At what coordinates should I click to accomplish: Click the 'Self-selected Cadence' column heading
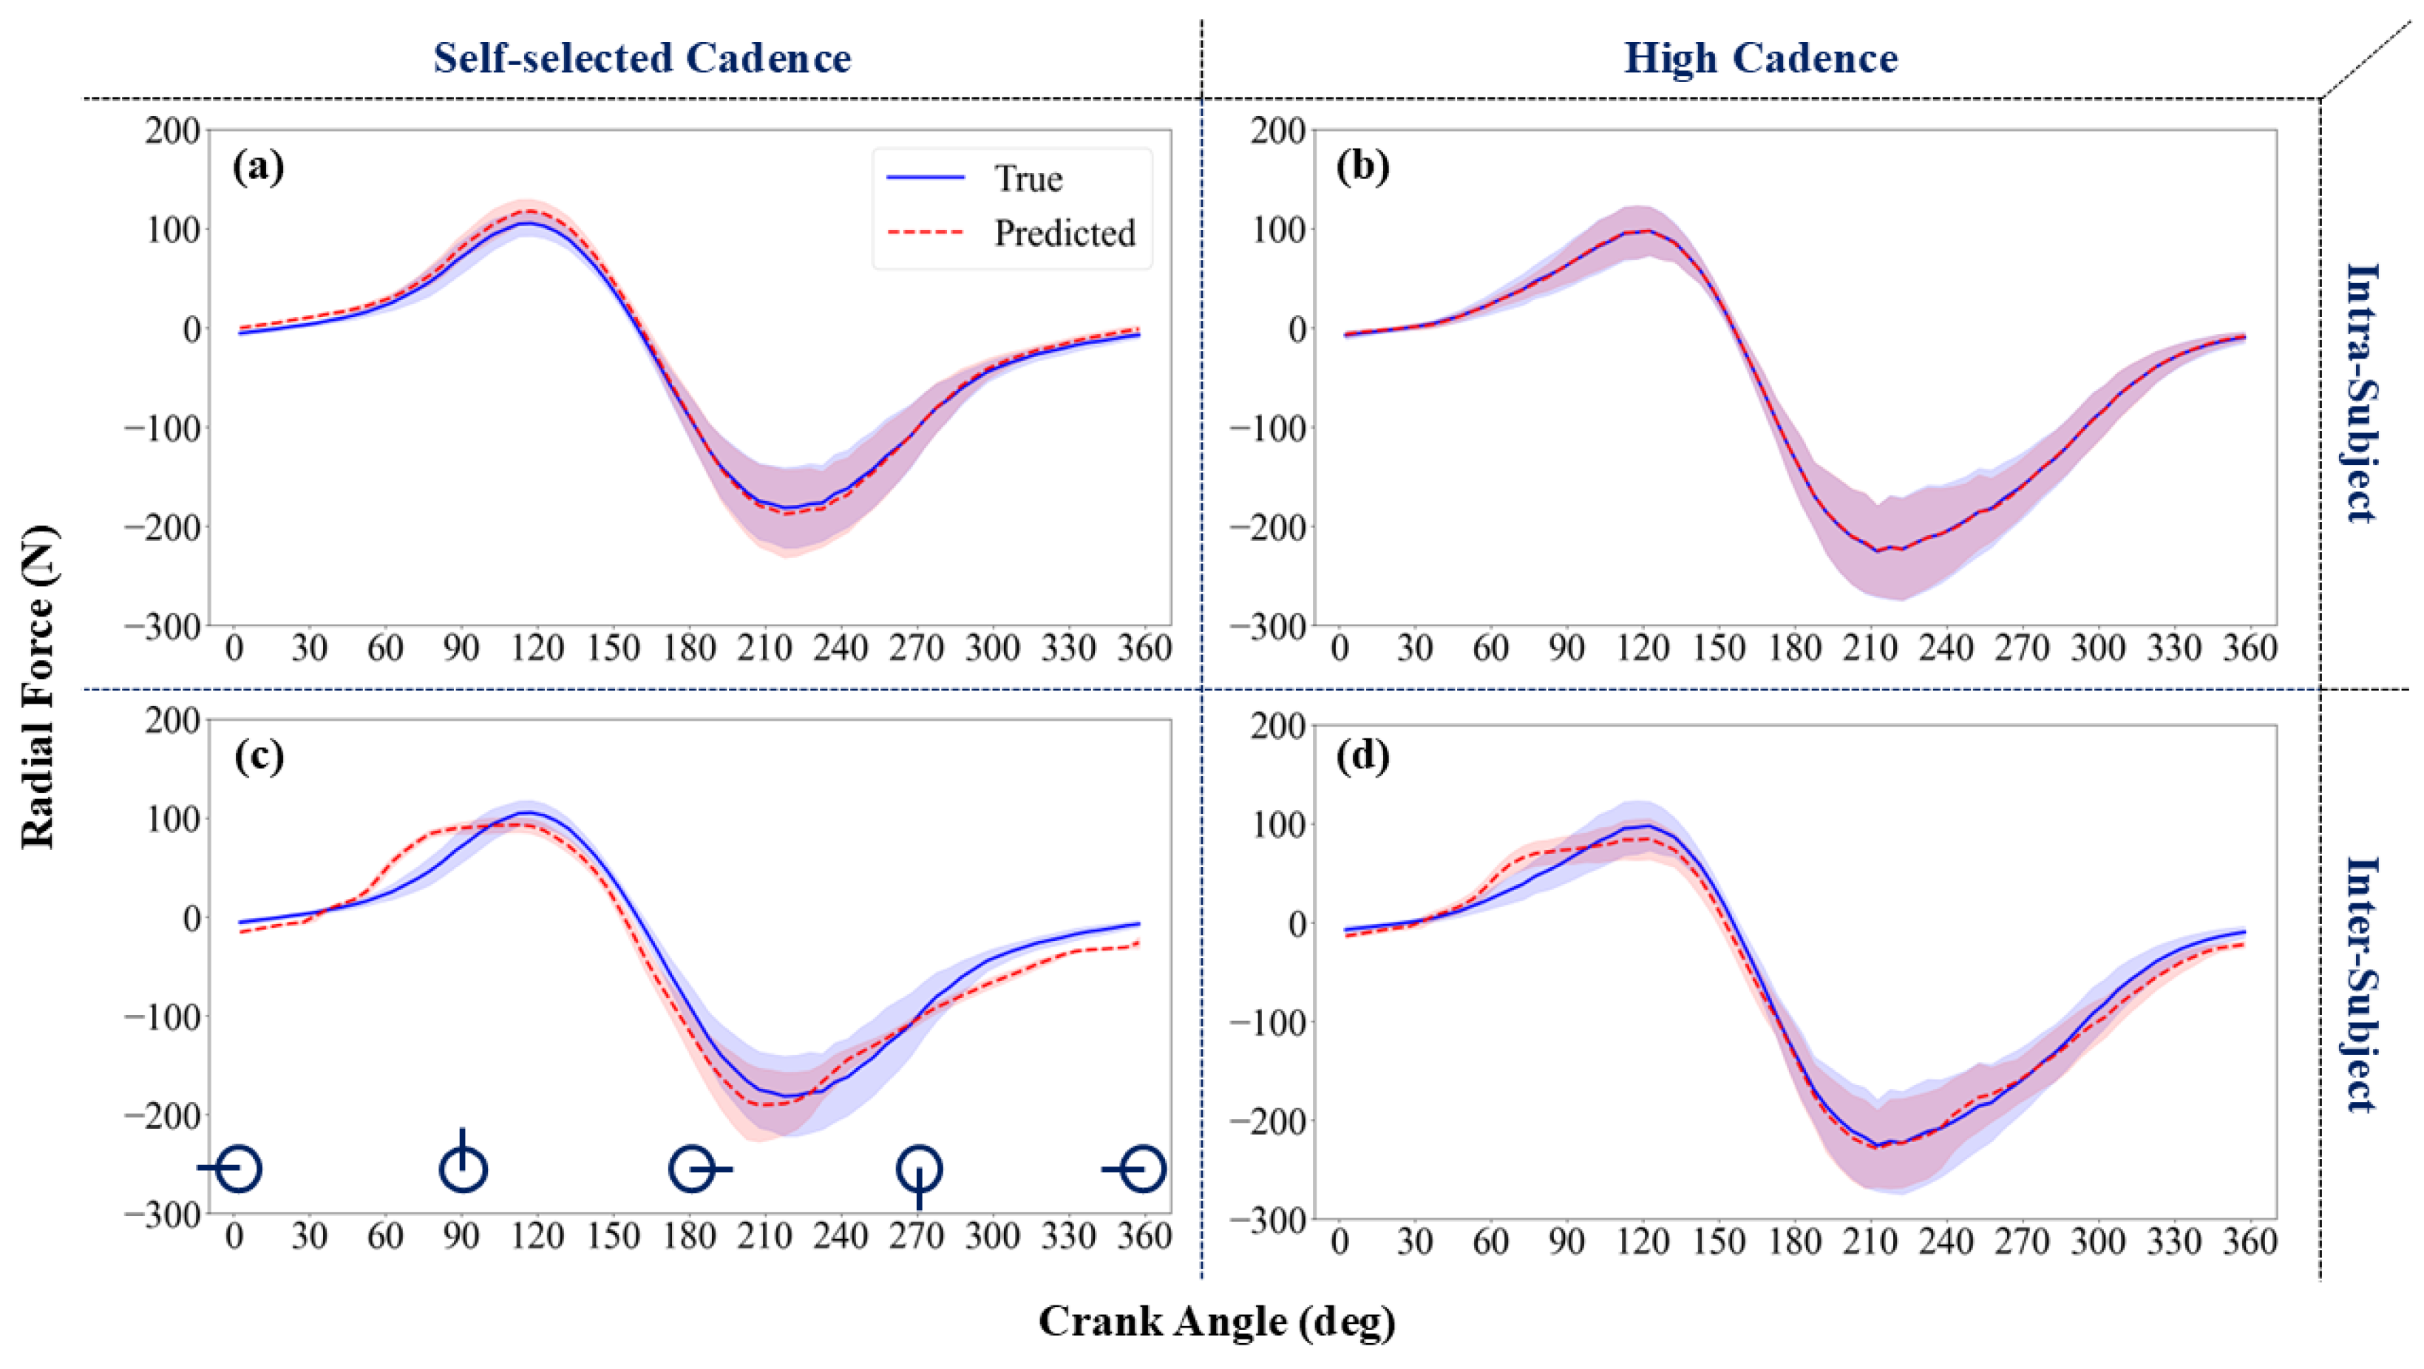pos(642,58)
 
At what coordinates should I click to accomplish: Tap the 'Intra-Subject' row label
pos(2361,393)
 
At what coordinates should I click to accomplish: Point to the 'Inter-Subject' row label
pos(2361,983)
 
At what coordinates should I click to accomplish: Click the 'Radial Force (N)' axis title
pos(38,687)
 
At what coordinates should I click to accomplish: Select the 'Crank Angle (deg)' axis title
pos(1216,1321)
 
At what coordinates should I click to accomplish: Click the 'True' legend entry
pos(1028,179)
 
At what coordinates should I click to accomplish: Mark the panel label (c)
pos(259,756)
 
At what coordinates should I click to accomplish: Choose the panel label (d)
pos(1362,756)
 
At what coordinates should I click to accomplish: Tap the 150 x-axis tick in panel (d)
pos(1718,1241)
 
